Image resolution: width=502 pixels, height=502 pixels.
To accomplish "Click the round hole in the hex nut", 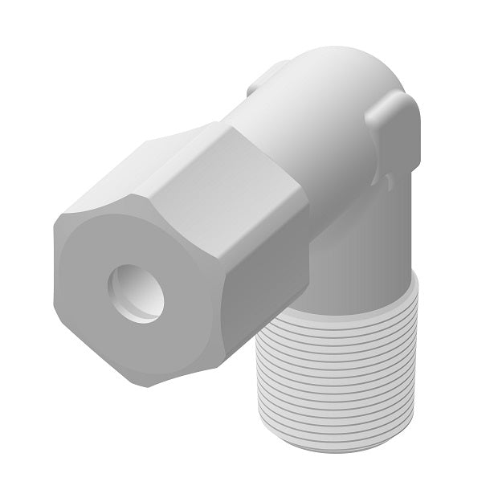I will coord(137,294).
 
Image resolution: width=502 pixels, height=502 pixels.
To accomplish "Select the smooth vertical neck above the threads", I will coord(361,241).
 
